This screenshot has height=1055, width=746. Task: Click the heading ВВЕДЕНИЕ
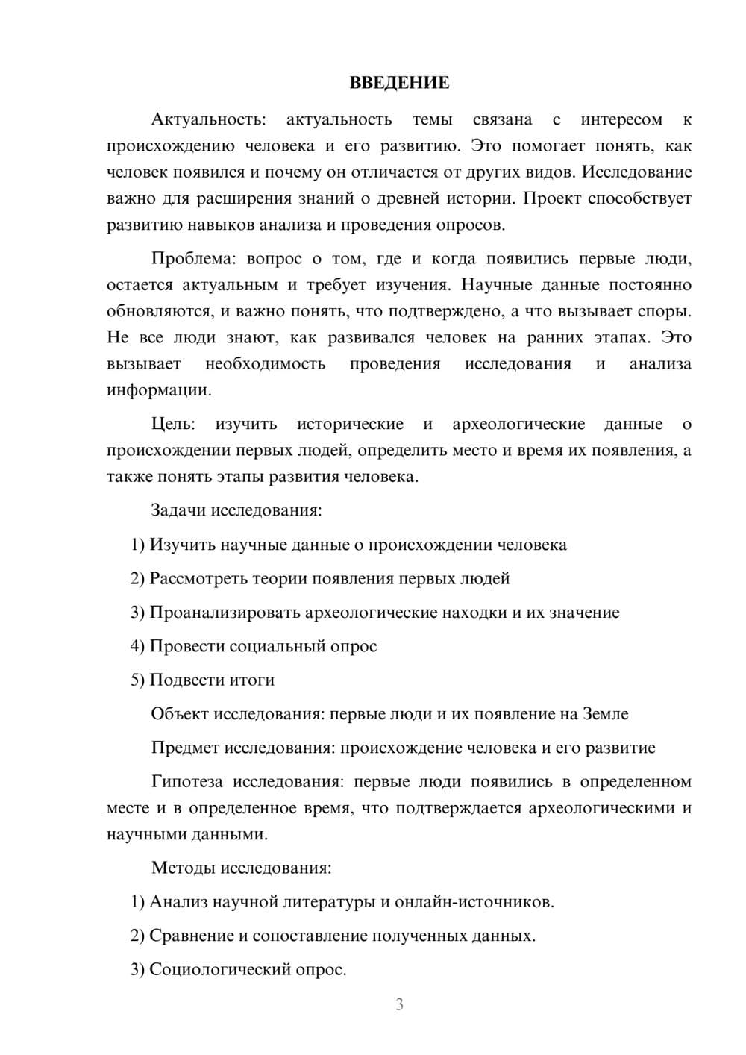coord(399,83)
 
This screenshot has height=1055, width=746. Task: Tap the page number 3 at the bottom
coord(399,1004)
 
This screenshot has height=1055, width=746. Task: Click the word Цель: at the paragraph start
coord(173,425)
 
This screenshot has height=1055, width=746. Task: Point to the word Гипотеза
coord(186,782)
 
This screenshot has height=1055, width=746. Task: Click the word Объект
coord(180,714)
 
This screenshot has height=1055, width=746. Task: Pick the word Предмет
coord(185,748)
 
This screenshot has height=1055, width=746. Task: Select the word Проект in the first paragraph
coord(550,199)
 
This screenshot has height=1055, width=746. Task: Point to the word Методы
coord(179,868)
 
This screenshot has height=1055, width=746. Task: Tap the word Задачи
coord(179,511)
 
